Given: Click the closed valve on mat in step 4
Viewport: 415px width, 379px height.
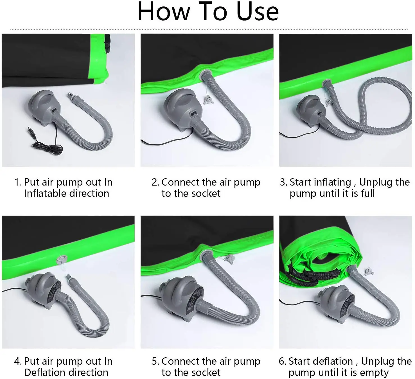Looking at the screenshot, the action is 62,260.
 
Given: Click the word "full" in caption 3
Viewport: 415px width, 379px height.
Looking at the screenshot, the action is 368,194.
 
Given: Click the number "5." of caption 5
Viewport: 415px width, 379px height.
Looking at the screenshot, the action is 155,361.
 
